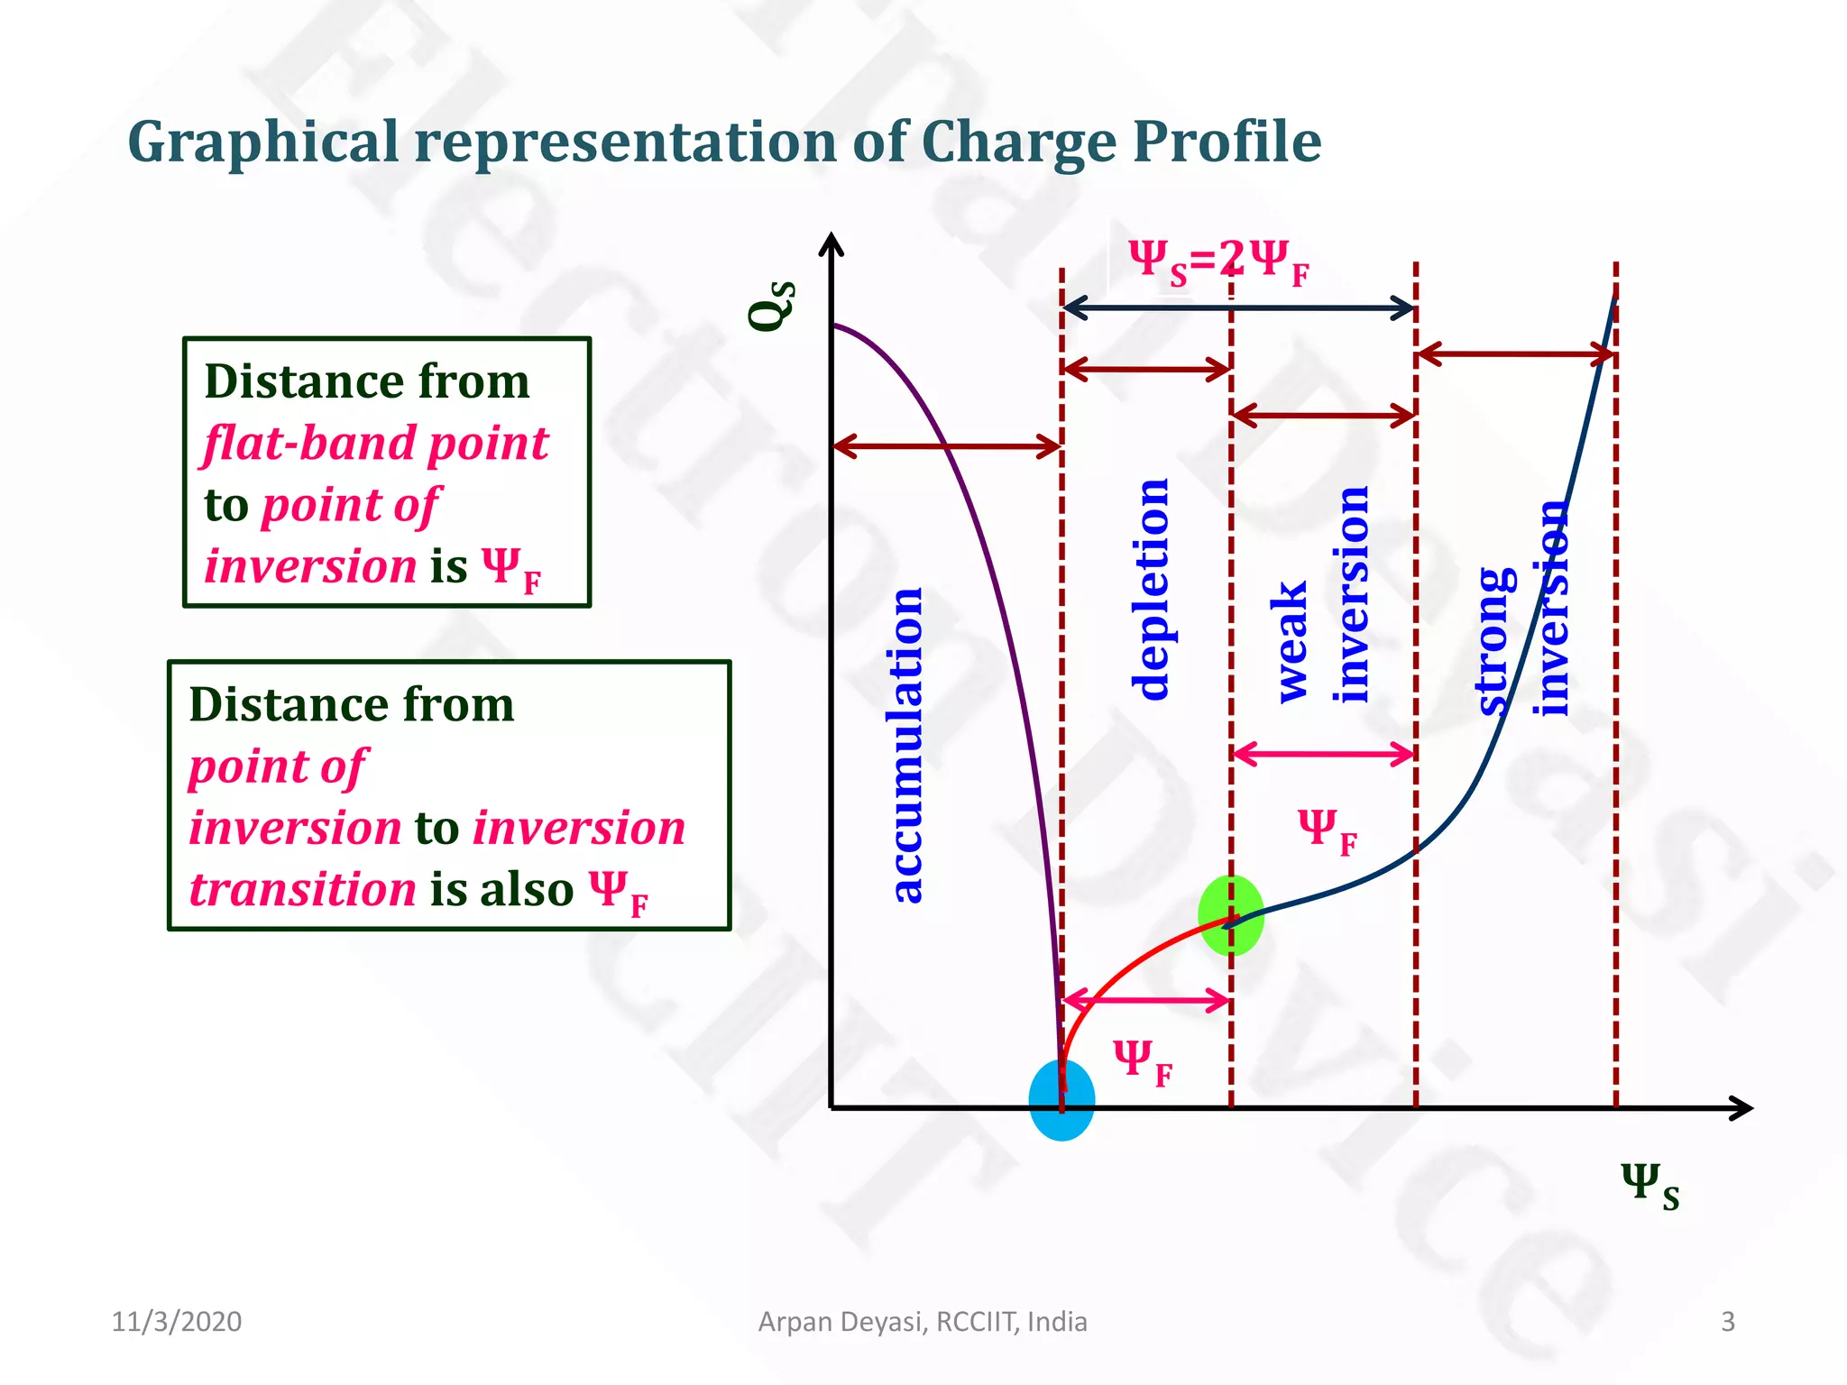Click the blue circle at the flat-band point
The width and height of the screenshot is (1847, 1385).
click(x=1061, y=1100)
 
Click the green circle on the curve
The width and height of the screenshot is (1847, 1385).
click(x=1231, y=914)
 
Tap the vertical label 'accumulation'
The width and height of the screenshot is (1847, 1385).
click(x=906, y=745)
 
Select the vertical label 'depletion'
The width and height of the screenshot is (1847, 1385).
click(x=1151, y=590)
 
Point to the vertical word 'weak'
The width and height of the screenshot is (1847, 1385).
click(x=1291, y=642)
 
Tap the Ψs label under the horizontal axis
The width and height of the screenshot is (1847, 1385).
click(x=1649, y=1187)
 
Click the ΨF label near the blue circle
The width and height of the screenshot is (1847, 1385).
click(x=1142, y=1060)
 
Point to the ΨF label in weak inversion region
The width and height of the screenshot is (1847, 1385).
click(x=1327, y=830)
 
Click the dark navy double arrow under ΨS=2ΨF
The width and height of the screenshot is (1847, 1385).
click(x=1238, y=308)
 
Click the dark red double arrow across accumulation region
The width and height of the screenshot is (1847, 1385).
click(x=946, y=445)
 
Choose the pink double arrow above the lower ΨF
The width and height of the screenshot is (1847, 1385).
click(x=1146, y=1000)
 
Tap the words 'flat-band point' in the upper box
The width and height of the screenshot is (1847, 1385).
click(x=376, y=444)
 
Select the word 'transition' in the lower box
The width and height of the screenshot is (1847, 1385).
click(x=302, y=890)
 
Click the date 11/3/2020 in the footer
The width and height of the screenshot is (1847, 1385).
click(x=177, y=1322)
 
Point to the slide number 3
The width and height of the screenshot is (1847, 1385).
click(x=1728, y=1322)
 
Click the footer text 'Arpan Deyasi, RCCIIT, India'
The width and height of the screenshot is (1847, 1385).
click(x=923, y=1322)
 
